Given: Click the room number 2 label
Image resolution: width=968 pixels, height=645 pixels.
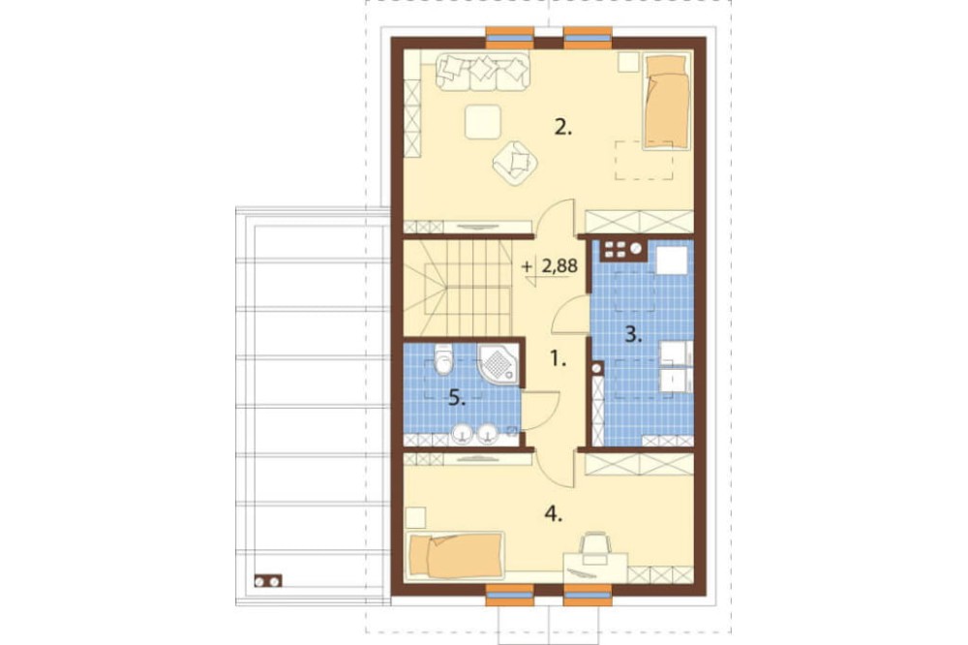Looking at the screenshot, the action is pyautogui.click(x=563, y=128).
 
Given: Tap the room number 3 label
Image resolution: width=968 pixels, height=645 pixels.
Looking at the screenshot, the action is pyautogui.click(x=633, y=335).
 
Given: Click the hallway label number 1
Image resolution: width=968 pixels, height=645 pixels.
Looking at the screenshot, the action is pyautogui.click(x=558, y=358).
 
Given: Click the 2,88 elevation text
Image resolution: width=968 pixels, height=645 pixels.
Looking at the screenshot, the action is pyautogui.click(x=560, y=266).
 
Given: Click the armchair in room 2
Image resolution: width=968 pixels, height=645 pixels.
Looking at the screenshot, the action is pyautogui.click(x=516, y=163).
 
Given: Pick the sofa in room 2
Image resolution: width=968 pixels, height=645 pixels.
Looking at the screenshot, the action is pyautogui.click(x=483, y=72).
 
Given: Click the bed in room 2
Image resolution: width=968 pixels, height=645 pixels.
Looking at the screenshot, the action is pyautogui.click(x=666, y=102).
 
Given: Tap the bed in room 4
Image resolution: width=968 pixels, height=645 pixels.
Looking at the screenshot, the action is pyautogui.click(x=456, y=556).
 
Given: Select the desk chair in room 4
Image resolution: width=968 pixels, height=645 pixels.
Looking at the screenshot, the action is pyautogui.click(x=595, y=546).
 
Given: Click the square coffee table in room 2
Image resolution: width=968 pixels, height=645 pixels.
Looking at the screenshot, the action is pyautogui.click(x=483, y=122).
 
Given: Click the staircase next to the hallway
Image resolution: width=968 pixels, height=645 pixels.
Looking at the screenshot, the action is pyautogui.click(x=458, y=288).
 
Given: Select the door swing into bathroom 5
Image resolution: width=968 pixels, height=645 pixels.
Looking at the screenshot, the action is pyautogui.click(x=540, y=410).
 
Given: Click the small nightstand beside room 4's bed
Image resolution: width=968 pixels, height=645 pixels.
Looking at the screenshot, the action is pyautogui.click(x=416, y=516).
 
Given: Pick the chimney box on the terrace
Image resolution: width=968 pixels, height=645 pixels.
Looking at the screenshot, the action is pyautogui.click(x=268, y=581).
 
